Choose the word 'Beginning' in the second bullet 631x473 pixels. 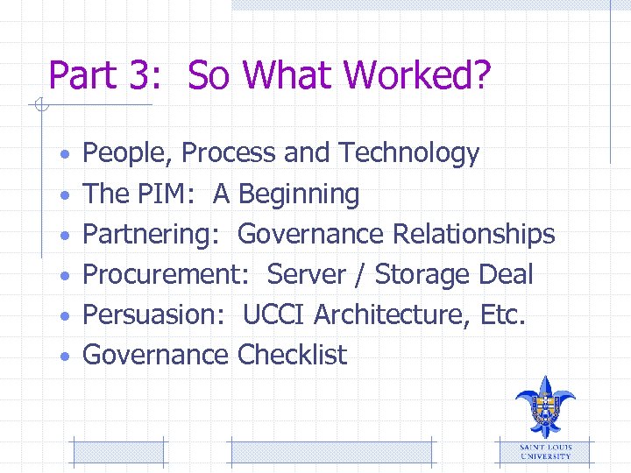click(299, 194)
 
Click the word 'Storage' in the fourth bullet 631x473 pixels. click(423, 275)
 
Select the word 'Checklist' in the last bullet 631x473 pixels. click(292, 356)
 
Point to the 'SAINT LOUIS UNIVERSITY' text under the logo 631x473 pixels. click(545, 451)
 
